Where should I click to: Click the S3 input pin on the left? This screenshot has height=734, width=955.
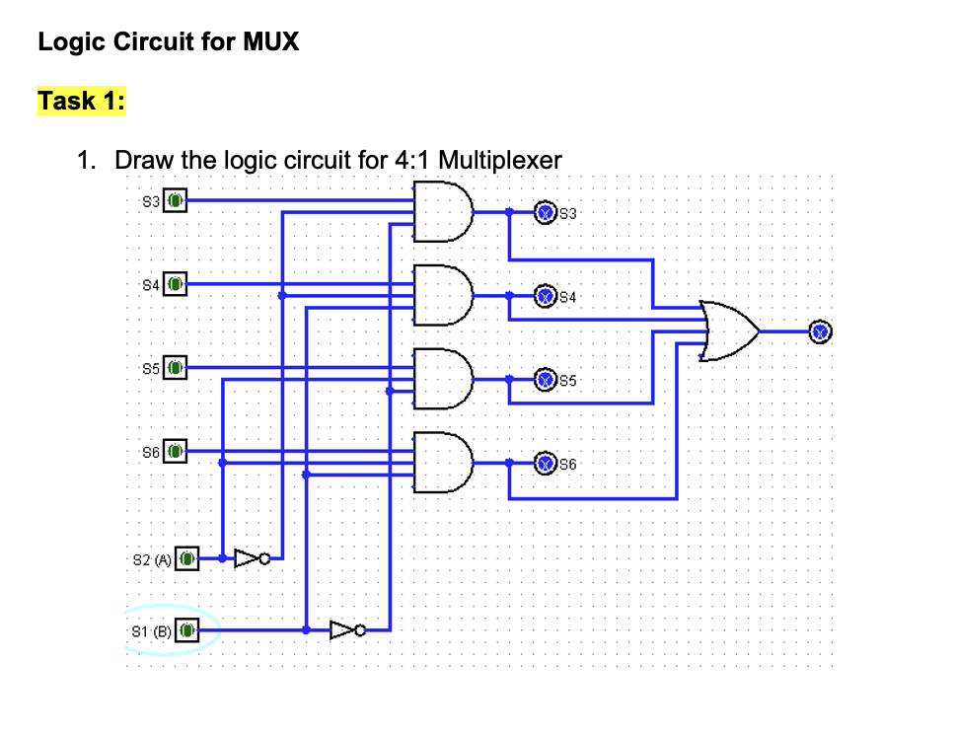pos(174,200)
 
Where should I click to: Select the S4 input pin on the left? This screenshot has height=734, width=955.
pos(174,284)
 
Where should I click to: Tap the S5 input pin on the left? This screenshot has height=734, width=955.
pos(174,368)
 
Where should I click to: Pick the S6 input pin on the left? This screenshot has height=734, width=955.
pos(174,452)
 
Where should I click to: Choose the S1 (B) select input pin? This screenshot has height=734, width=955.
pos(188,628)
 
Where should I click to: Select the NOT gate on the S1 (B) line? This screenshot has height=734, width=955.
pos(347,628)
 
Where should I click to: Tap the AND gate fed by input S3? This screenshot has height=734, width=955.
pos(443,211)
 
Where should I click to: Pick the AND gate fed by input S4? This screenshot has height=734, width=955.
pos(443,295)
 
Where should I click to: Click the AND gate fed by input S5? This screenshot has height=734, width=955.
pos(443,379)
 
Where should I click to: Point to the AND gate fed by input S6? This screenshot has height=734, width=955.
pos(443,463)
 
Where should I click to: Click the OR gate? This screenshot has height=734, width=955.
pos(729,330)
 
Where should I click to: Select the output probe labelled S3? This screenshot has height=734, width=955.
pos(544,211)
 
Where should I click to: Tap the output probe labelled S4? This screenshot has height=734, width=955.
pos(544,295)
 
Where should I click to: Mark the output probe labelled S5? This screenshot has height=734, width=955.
pos(544,379)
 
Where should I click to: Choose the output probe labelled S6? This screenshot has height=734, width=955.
pos(544,463)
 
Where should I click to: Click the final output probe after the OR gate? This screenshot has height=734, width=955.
pos(820,330)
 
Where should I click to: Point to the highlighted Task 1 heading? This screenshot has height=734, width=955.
pos(81,101)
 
